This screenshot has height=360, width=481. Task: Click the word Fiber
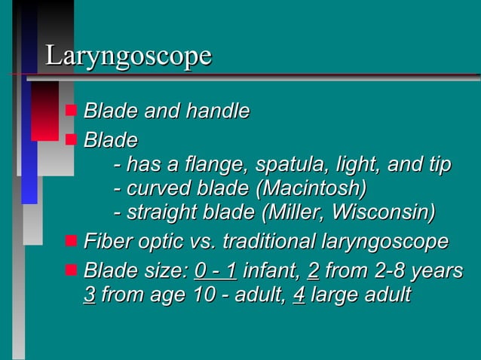click(105, 243)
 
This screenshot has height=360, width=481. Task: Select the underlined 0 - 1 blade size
click(216, 270)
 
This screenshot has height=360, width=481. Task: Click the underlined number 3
click(89, 294)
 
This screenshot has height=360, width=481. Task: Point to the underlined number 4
click(297, 294)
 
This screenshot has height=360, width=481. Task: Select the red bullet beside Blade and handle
click(71, 111)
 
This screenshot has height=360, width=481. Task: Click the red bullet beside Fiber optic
click(71, 241)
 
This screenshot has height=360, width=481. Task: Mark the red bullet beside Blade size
click(71, 268)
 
